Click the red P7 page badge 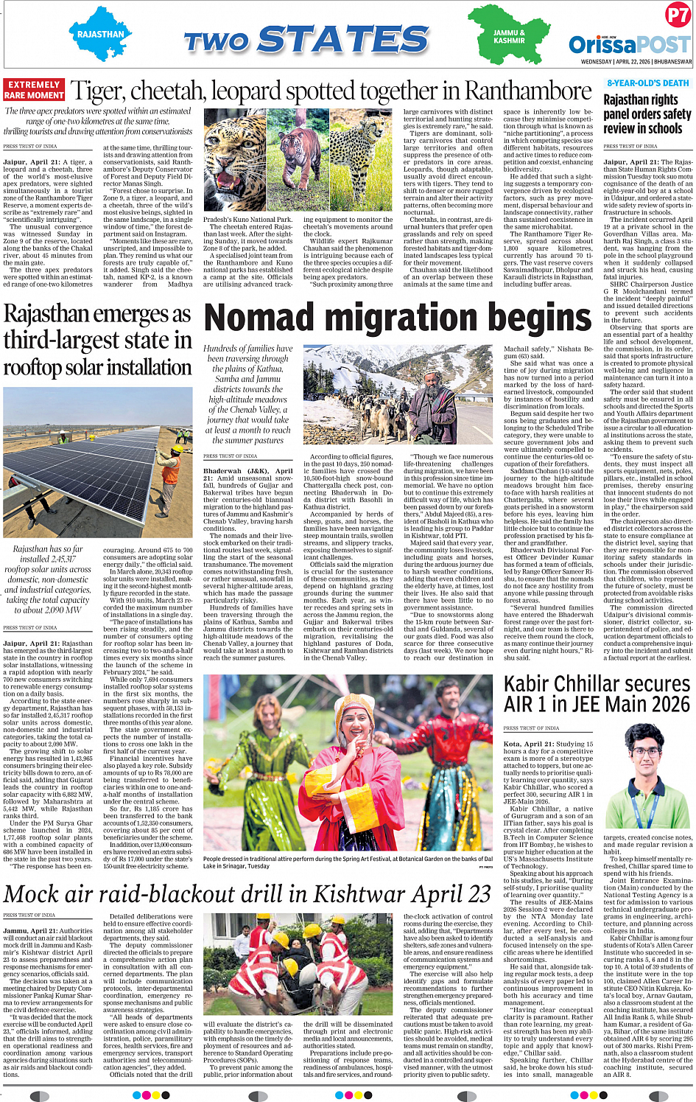click(677, 15)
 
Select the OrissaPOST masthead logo click(630, 43)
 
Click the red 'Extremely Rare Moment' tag click(34, 90)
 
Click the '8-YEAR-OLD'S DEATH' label click(648, 83)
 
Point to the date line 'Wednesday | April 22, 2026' click(636, 62)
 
